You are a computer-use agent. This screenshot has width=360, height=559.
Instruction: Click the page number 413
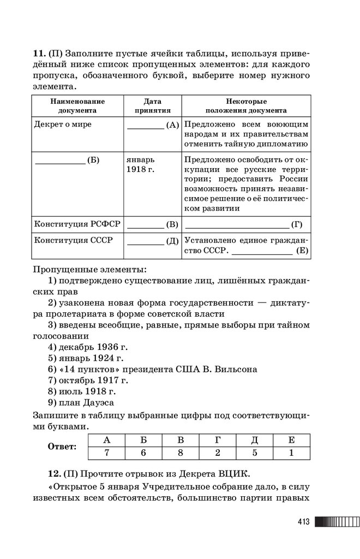coord(304,522)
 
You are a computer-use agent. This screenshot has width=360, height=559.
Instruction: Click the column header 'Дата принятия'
coord(152,105)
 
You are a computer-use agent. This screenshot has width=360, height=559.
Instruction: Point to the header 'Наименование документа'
coord(77,105)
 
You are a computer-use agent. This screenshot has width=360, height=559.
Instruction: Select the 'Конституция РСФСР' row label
coord(77,224)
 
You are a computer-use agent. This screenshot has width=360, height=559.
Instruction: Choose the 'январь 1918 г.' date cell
coord(140,165)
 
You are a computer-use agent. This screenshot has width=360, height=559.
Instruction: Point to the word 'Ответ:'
coord(62,447)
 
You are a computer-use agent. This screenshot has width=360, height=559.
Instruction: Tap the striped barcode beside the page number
coord(333,522)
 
